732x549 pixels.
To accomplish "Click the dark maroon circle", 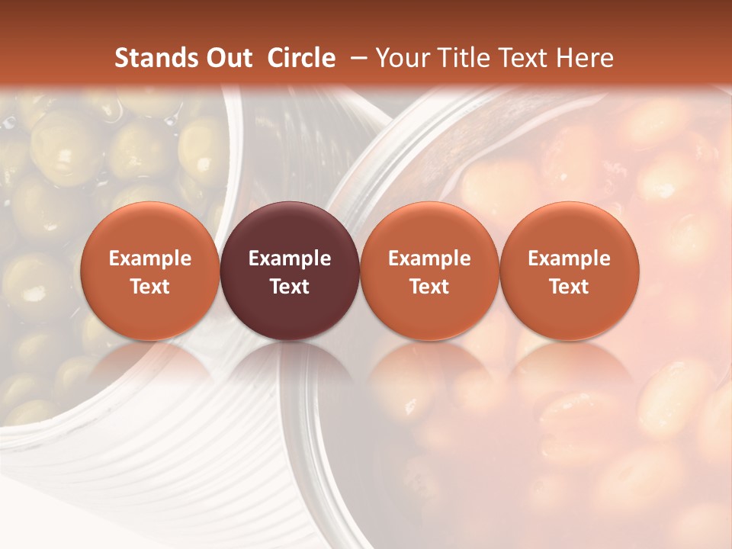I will pos(290,271).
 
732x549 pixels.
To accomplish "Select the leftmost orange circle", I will pos(149,271).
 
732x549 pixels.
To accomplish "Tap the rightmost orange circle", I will pos(569,271).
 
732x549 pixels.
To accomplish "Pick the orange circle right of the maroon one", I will pos(429,271).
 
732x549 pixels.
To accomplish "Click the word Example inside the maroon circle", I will pos(290,258).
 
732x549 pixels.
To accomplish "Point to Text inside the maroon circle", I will pos(290,287).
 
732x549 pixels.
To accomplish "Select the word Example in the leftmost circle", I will pos(149,258).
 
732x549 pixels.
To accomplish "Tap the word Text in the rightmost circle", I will pos(569,287).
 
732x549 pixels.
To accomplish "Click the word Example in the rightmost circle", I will pos(569,258).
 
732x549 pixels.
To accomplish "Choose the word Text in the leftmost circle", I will pos(149,287).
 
